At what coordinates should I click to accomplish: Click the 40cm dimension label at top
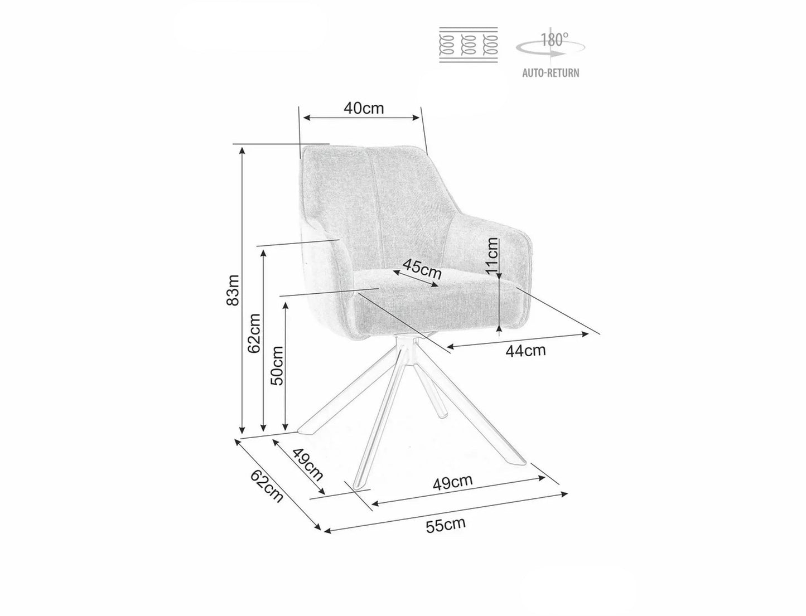point(364,108)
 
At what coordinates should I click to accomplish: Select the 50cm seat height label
point(277,365)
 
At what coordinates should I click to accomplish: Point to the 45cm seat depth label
point(422,269)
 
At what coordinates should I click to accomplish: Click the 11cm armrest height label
point(493,255)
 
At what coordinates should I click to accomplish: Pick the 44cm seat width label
point(525,351)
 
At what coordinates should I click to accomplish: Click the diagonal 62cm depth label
point(267,486)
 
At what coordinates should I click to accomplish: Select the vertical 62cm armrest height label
point(254,333)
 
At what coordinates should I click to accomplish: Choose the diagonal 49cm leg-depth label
point(308,465)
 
